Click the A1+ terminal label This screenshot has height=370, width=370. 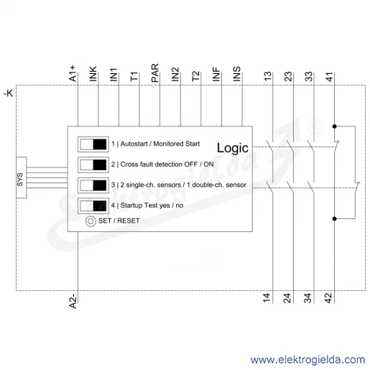click(x=73, y=73)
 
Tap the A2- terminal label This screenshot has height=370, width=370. click(x=73, y=301)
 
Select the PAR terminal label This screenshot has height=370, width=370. click(x=155, y=73)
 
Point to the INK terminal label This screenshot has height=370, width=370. click(x=93, y=74)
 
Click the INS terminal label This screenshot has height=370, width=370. click(x=236, y=74)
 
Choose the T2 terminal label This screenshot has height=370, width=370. click(x=195, y=76)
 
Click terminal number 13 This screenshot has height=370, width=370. click(x=268, y=77)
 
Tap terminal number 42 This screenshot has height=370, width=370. click(x=328, y=298)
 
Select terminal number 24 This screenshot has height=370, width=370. click(x=287, y=298)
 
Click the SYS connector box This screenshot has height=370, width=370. click(x=22, y=177)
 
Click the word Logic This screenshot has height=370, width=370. click(x=233, y=148)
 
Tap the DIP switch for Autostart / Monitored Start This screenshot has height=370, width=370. click(x=93, y=144)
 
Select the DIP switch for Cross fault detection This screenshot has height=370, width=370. click(x=93, y=165)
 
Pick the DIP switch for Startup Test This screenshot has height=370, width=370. click(x=93, y=205)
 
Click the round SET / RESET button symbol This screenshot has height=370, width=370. click(x=91, y=221)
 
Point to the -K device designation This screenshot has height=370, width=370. click(x=8, y=93)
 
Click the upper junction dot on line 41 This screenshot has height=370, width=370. click(x=335, y=126)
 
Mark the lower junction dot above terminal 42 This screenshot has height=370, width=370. click(x=335, y=218)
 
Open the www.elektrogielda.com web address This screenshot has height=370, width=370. click(x=307, y=360)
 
